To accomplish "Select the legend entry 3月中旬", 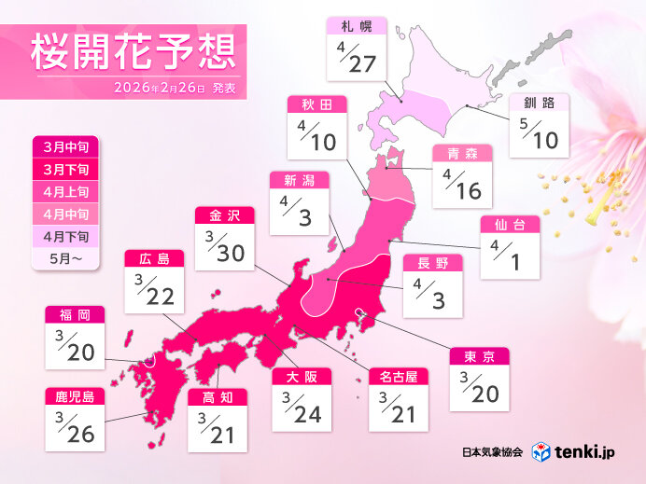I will (x=63, y=146).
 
